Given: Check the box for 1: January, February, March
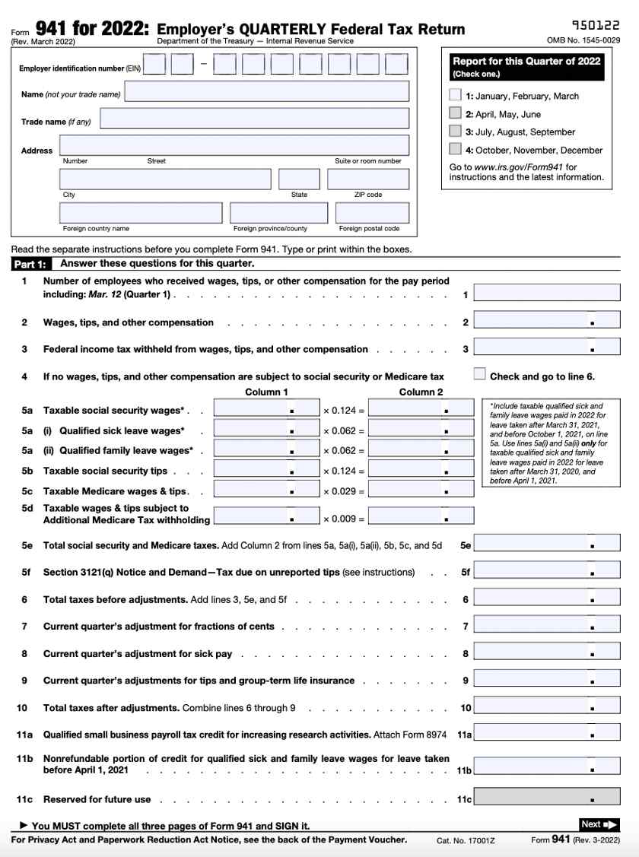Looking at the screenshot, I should [x=455, y=96].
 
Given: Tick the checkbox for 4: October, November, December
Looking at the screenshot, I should [x=455, y=150].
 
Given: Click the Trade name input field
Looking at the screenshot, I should [x=254, y=119].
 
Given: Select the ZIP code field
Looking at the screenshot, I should [x=367, y=179].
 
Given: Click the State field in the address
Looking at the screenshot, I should [x=299, y=179].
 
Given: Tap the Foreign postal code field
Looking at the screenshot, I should [x=367, y=213].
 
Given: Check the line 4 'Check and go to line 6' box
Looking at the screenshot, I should [x=479, y=373].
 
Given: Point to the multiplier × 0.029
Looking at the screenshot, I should [x=344, y=491].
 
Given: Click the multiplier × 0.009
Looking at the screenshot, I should [x=344, y=519].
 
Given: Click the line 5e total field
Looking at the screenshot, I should [x=546, y=544].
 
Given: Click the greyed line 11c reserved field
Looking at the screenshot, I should [x=546, y=798].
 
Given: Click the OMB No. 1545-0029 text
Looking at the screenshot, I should [x=583, y=40].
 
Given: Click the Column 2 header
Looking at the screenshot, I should [x=421, y=392].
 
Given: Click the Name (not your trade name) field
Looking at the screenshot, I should [x=266, y=92].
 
